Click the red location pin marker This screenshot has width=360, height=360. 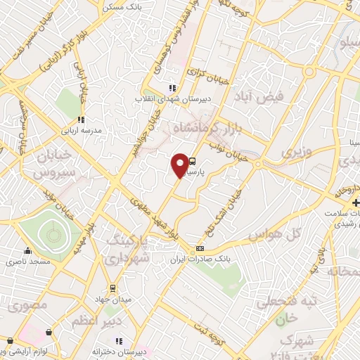180,165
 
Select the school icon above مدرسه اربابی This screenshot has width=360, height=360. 81,120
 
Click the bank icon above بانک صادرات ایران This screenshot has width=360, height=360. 200,248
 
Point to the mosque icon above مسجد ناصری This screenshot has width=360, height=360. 27,251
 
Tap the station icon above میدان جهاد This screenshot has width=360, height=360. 112,288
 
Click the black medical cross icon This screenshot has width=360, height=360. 356,203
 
